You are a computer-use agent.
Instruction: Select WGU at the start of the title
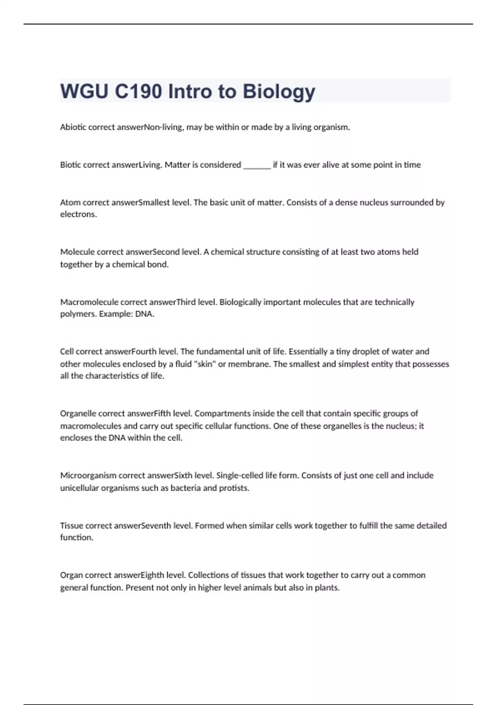(x=84, y=92)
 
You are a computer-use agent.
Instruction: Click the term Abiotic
(x=73, y=127)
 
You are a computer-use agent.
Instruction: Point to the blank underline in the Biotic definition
(x=257, y=166)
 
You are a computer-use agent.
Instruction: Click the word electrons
(x=78, y=214)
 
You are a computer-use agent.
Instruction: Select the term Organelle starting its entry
(x=78, y=413)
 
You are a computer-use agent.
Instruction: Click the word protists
(x=234, y=488)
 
